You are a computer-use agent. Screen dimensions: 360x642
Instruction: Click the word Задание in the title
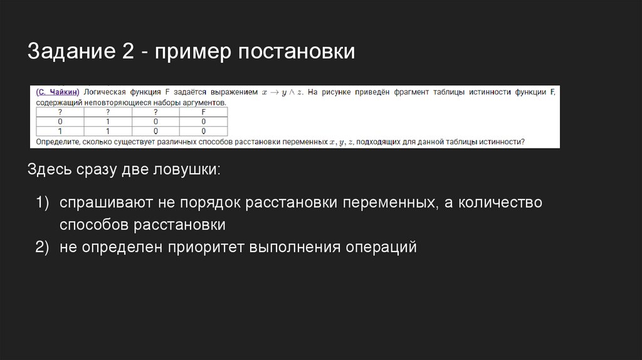tap(70, 51)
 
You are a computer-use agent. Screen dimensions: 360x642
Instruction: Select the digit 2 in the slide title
tap(122, 51)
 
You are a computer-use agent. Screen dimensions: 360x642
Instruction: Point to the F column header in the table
tap(203, 112)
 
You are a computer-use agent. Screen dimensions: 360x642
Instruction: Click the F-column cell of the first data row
tap(203, 122)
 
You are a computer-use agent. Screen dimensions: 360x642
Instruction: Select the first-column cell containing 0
tap(60, 122)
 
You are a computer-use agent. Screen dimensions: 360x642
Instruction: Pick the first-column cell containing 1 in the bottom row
tap(60, 131)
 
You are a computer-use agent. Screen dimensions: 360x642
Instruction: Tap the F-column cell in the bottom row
tap(203, 131)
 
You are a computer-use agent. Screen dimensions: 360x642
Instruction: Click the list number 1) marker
tap(42, 203)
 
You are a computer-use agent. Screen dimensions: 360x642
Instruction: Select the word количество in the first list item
tap(500, 203)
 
